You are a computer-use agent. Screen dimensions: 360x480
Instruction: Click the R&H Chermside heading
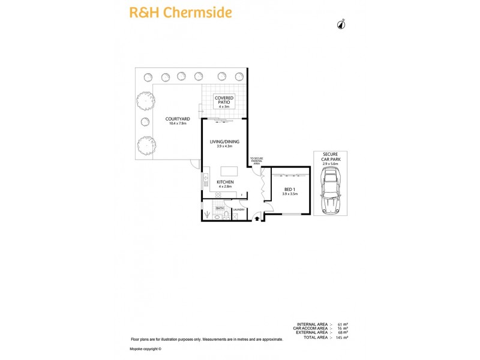181,12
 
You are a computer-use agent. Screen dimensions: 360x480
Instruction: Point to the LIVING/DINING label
224,143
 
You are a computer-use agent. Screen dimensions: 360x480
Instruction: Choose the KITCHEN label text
225,184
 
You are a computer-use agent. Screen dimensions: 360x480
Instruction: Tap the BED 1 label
290,191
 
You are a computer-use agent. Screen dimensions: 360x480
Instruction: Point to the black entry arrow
257,219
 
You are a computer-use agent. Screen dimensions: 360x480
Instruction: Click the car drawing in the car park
331,190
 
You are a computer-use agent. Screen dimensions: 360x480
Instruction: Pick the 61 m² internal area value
343,325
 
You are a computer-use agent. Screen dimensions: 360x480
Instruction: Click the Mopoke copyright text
146,349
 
